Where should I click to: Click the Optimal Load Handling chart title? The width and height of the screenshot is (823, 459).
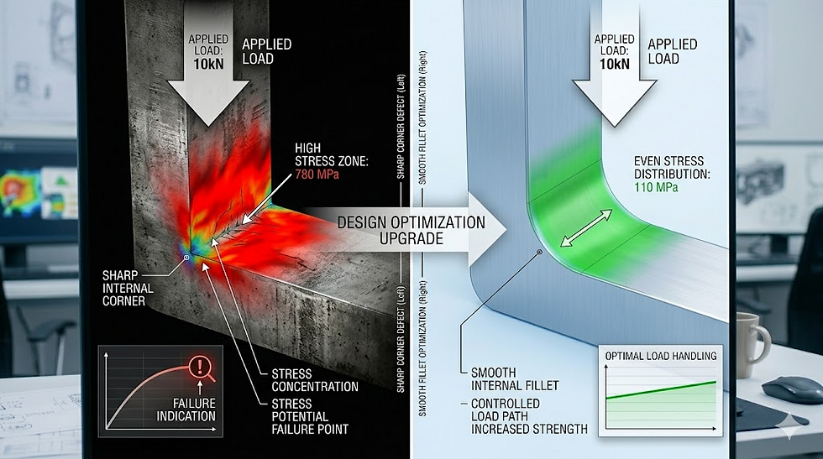[x=662, y=356]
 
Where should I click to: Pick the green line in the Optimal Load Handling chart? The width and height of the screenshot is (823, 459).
[x=662, y=389]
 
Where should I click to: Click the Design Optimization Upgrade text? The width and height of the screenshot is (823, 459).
[x=411, y=229]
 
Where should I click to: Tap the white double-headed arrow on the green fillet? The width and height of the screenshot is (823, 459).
[x=586, y=228]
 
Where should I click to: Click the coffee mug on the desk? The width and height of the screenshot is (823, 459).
[x=751, y=342]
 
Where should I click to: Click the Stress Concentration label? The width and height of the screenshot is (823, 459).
[x=315, y=380]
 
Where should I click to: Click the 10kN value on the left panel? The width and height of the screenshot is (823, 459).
[x=208, y=65]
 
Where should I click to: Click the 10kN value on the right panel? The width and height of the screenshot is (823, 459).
[x=616, y=65]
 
